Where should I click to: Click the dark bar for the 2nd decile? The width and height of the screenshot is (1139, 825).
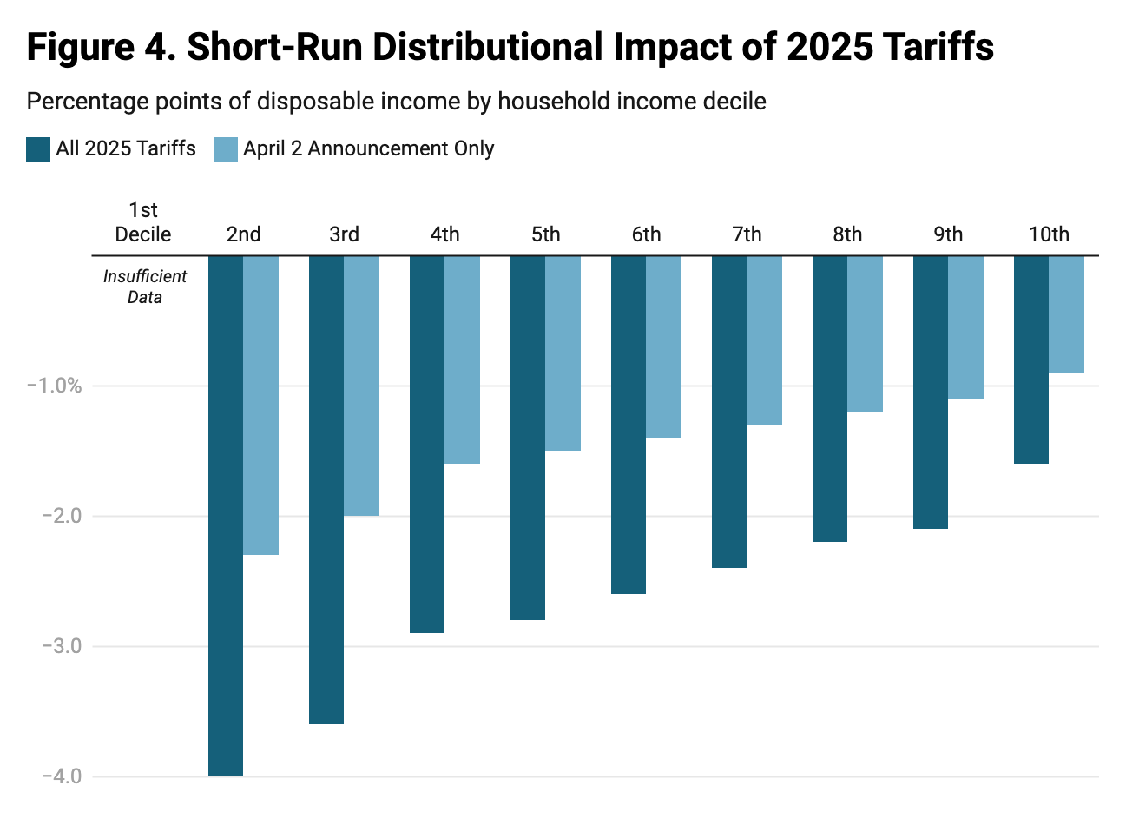[226, 515]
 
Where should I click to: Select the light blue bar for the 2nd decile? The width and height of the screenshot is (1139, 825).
[261, 405]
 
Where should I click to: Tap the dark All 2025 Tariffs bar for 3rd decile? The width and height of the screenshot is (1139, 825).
[326, 489]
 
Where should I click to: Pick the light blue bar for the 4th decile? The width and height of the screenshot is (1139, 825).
[463, 360]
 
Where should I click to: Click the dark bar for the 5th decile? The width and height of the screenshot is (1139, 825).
[528, 437]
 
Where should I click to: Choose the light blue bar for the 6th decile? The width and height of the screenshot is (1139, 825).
[664, 346]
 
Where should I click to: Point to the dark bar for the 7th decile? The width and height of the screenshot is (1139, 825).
[729, 411]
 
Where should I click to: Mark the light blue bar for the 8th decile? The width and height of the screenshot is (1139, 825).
[866, 333]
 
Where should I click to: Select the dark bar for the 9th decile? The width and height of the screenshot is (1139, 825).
[931, 392]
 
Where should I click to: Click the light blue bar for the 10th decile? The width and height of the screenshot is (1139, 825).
[1067, 313]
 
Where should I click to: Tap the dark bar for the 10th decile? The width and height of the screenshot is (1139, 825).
[1031, 360]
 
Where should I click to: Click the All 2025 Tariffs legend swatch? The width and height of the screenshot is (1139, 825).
[38, 149]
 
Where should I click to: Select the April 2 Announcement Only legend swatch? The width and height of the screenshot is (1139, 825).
[226, 149]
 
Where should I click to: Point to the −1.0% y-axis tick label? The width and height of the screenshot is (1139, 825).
[54, 386]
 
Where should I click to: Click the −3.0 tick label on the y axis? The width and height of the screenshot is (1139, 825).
[61, 646]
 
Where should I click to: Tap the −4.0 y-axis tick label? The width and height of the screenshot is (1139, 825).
[61, 776]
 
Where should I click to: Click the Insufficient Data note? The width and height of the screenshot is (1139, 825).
[145, 287]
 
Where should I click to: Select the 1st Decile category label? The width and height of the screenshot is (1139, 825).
[143, 222]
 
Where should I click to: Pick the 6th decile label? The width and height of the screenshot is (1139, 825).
[646, 234]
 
